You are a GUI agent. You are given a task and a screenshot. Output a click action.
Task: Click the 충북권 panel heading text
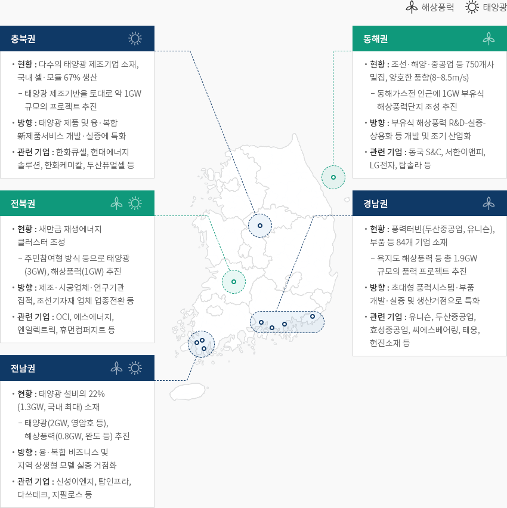tap(23, 39)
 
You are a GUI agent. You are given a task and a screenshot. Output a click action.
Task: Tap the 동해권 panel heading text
tap(375, 39)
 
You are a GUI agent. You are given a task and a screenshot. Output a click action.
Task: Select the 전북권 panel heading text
tap(23, 204)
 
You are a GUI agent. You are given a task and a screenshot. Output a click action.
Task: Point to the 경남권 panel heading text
tap(375, 204)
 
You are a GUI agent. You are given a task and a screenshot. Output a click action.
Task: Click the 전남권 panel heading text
tap(23, 368)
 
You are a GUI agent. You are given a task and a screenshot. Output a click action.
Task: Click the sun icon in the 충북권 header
tap(135, 39)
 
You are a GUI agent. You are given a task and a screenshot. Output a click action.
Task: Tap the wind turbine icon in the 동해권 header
tap(489, 39)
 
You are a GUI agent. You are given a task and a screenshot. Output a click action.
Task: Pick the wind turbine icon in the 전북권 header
tap(116, 203)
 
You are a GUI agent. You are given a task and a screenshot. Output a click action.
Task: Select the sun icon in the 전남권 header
tap(135, 368)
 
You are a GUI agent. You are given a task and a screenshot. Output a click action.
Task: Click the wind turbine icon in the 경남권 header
tap(489, 203)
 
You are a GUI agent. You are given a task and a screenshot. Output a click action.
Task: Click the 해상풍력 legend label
tap(438, 7)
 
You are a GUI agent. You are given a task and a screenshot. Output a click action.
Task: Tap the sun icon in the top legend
tap(472, 7)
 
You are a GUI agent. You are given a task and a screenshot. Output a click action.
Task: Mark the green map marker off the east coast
tap(333, 177)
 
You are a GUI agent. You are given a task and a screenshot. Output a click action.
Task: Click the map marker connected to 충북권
tap(260, 226)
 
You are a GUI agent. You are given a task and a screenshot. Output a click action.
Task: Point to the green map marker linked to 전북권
tap(234, 282)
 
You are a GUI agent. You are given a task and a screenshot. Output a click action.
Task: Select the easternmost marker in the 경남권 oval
tap(313, 316)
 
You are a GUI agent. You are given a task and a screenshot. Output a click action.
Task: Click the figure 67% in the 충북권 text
tap(71, 78)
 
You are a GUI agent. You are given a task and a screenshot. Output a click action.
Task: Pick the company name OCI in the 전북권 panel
tap(63, 316)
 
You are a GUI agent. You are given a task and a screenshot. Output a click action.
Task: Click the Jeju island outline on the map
tap(188, 392)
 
